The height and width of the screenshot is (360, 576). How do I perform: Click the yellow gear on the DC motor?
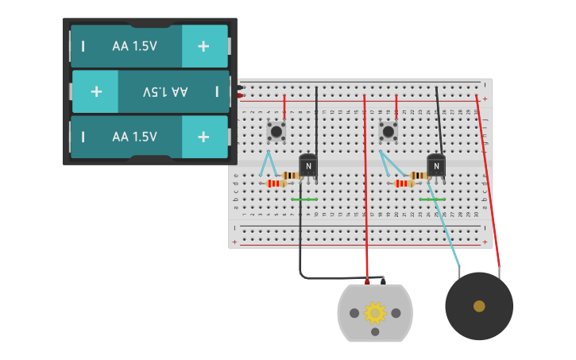pyautogui.click(x=375, y=312)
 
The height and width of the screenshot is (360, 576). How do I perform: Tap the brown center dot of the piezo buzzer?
pyautogui.click(x=479, y=306)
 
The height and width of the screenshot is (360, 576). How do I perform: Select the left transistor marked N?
pyautogui.click(x=308, y=165)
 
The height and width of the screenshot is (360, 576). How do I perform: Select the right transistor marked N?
pyautogui.click(x=436, y=165)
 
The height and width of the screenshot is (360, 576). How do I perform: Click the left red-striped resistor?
pyautogui.click(x=276, y=184)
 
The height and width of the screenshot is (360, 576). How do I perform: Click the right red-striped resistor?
pyautogui.click(x=404, y=184)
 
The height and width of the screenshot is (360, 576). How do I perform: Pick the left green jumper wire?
pyautogui.click(x=304, y=199)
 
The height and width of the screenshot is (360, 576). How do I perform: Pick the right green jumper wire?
pyautogui.click(x=432, y=199)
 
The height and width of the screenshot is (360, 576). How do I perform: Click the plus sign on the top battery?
pyautogui.click(x=203, y=46)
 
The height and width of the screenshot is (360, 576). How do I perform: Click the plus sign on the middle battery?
pyautogui.click(x=96, y=91)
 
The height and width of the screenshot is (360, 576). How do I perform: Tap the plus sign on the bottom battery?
pyautogui.click(x=203, y=137)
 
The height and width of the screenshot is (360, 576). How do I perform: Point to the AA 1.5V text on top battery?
pyautogui.click(x=134, y=46)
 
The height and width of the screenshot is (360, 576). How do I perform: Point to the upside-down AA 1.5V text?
pyautogui.click(x=165, y=91)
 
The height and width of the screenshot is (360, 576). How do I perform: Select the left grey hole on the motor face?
pyautogui.click(x=354, y=313)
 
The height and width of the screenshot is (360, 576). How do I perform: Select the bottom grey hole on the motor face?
pyautogui.click(x=375, y=332)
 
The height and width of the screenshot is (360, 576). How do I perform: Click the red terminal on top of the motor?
pyautogui.click(x=367, y=281)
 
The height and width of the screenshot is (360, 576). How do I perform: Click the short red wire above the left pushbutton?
pyautogui.click(x=284, y=106)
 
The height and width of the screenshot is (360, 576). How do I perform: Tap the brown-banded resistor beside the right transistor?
pyautogui.click(x=418, y=176)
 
